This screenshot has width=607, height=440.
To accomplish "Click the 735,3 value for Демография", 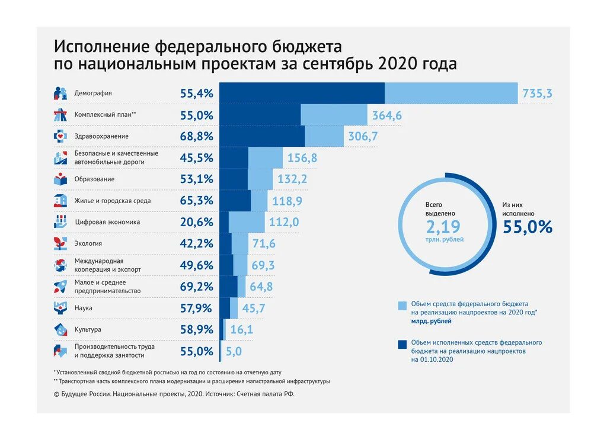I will coord(537,94).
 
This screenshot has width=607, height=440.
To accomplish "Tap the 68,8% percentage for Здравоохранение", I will coord(196,136).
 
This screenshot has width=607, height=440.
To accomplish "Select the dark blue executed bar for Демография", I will coord(302,94).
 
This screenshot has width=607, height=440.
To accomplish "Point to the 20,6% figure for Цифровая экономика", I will coord(196,222).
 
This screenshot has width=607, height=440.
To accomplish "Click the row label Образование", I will coord(94,179).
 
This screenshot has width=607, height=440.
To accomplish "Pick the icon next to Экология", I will coord(60,243).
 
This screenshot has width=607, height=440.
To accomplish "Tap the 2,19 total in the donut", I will coord(443,226).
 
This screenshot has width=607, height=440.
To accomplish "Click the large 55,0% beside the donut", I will coord(528,227).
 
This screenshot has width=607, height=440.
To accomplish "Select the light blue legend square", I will coord(402,306).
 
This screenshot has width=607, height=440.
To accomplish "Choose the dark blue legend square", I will coord(402,344).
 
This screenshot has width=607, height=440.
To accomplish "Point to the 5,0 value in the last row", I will coord(234,351).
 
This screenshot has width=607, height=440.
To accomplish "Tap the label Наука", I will coord(83,308).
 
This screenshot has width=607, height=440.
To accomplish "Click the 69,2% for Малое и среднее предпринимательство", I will coord(196,287).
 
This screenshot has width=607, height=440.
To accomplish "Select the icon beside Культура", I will coord(60,329).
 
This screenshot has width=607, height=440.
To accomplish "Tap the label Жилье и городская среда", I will coord(113,201).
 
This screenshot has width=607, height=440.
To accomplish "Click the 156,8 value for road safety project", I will coord(302,158).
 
